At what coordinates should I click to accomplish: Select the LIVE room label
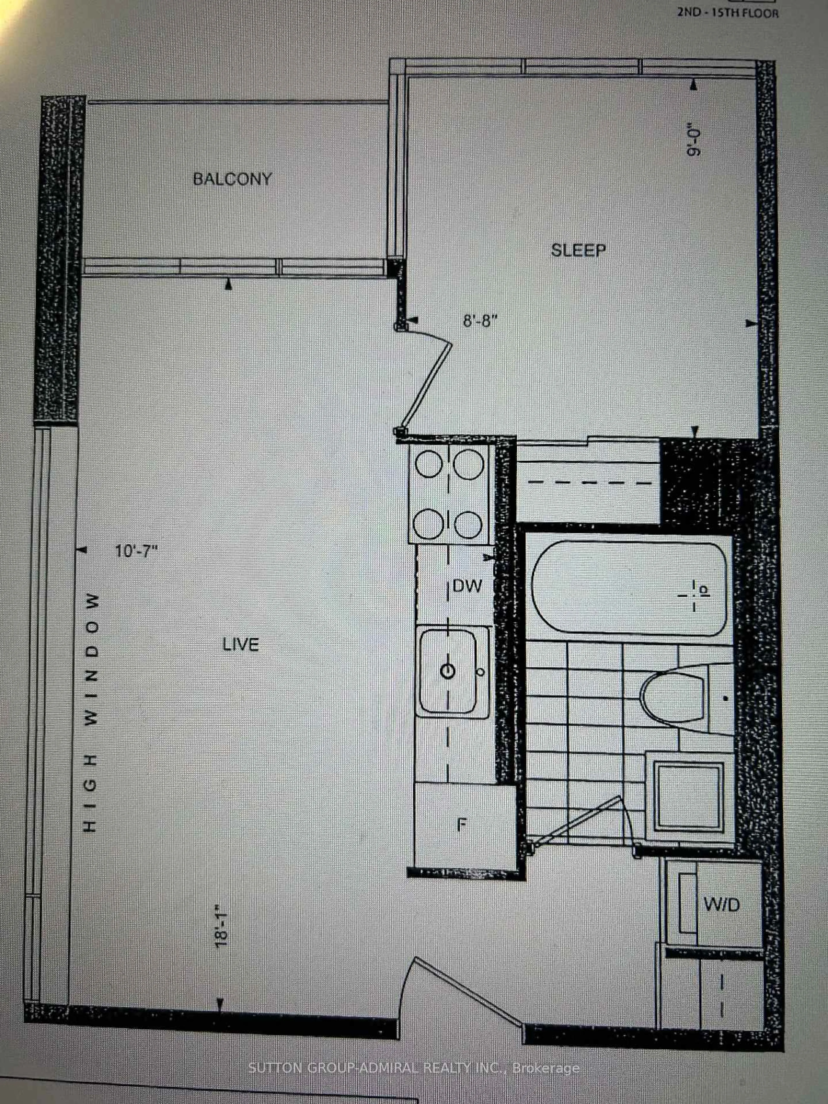[x=241, y=645]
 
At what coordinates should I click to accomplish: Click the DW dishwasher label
[x=467, y=585]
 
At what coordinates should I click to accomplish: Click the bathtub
[x=629, y=589]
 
